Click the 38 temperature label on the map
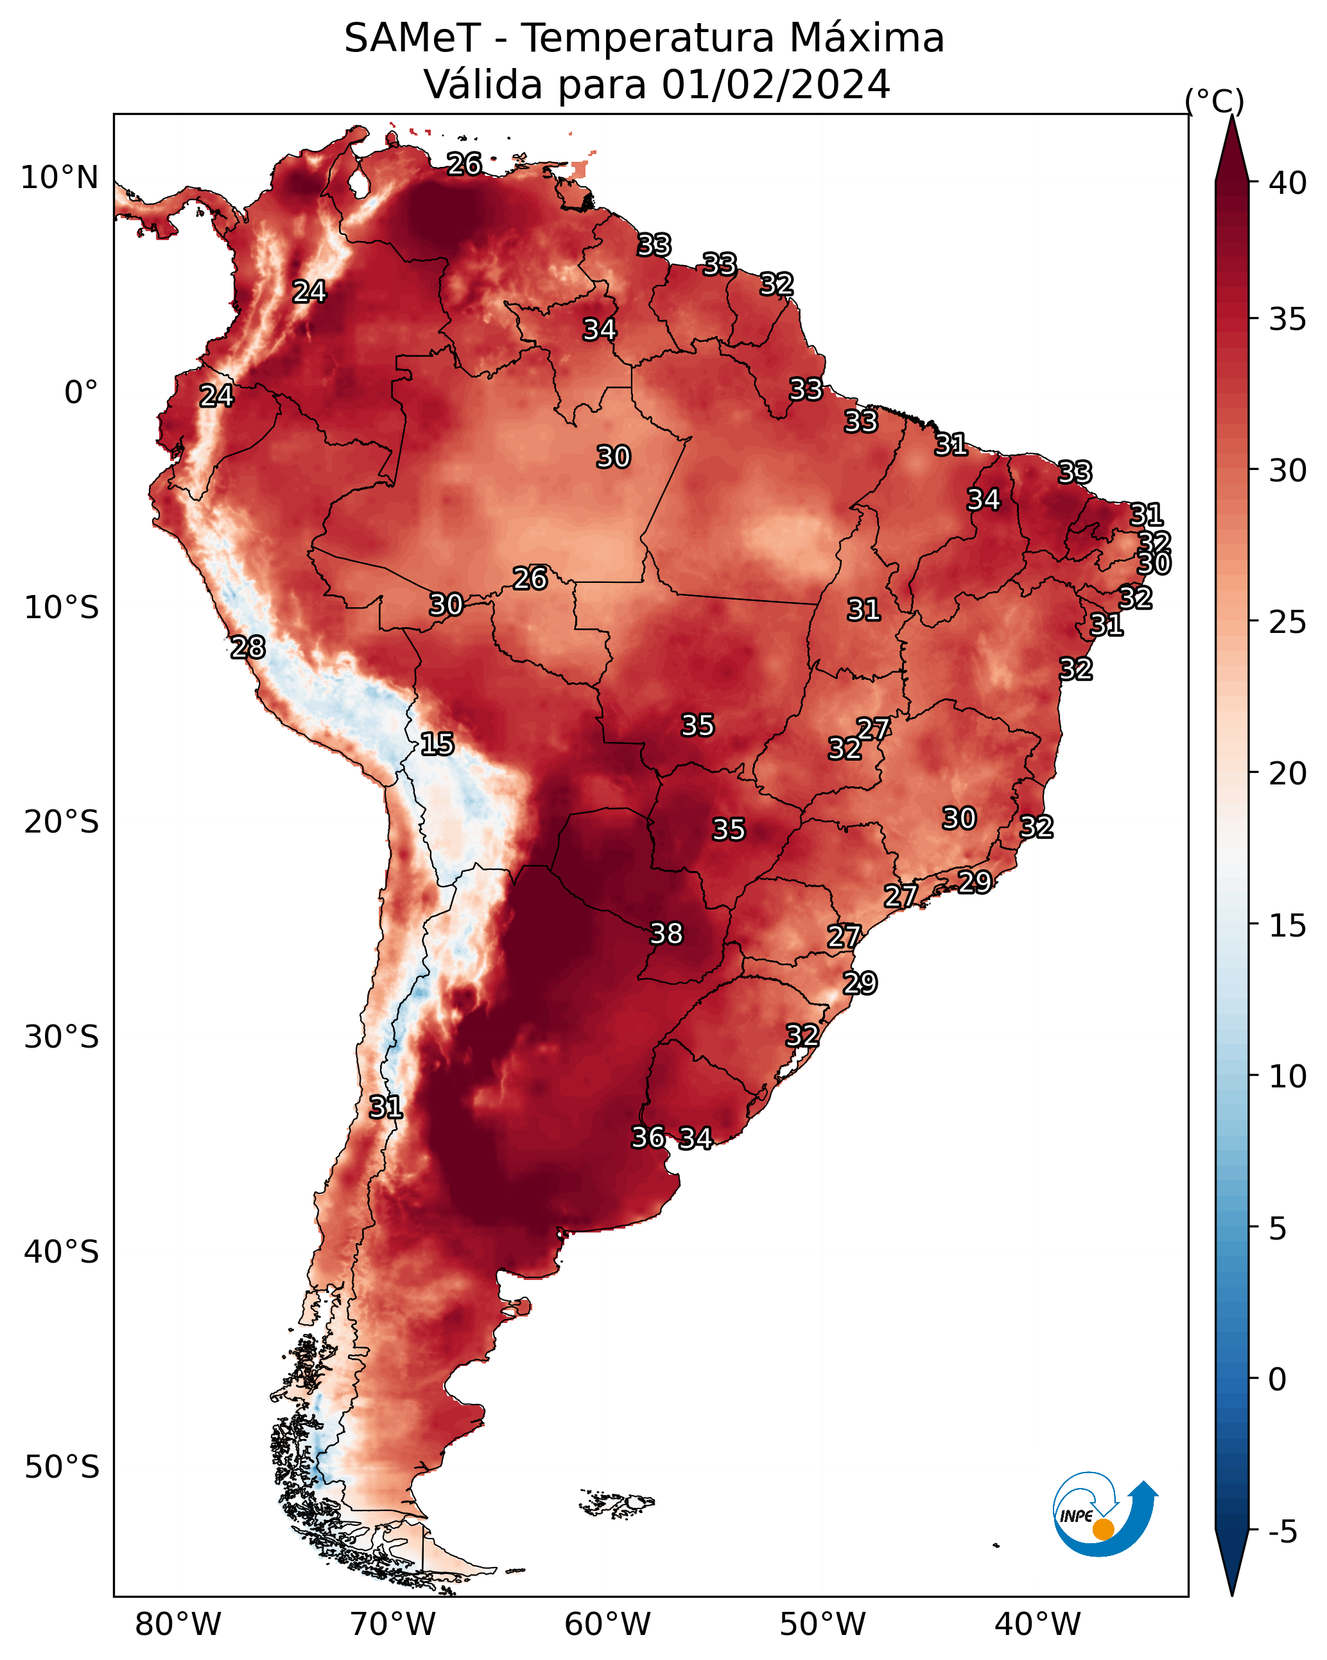coord(666,933)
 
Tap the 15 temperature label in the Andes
coord(437,744)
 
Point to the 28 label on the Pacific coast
coord(248,648)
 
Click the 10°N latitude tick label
coord(59,178)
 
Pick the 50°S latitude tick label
coord(62,1467)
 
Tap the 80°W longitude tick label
coord(178,1625)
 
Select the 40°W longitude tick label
coord(1037,1625)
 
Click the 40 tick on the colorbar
coord(1288,183)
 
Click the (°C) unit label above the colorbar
coord(1215,101)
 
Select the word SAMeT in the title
coord(412,38)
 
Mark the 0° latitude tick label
coord(82,393)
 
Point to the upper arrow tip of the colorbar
coord(1231,116)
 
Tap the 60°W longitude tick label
coord(608,1625)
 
